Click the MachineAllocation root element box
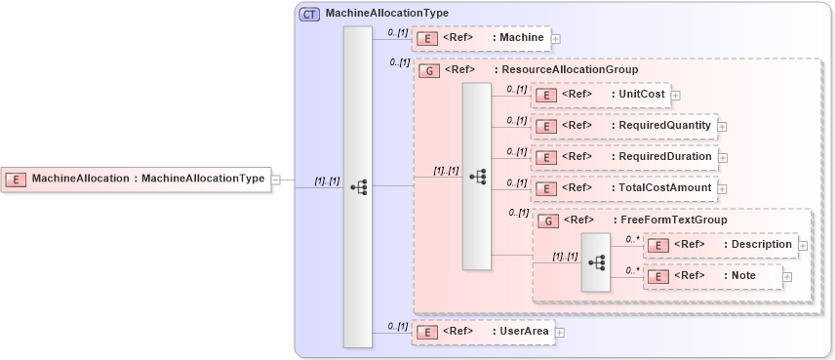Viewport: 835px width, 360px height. coord(137,179)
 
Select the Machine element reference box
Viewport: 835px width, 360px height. coord(482,38)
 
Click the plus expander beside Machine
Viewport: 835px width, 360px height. coord(556,39)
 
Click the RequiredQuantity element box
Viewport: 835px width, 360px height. coord(623,126)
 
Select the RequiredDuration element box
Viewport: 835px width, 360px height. coord(623,157)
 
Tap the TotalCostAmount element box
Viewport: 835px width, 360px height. coord(623,188)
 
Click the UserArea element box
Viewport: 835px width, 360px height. coord(482,332)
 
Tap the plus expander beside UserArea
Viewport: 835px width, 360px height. coord(560,333)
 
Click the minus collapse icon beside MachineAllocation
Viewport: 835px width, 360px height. coord(276,180)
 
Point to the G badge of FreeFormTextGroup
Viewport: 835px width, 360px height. coord(549,220)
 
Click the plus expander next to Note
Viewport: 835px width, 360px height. coord(787,277)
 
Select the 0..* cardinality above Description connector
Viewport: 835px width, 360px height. coord(631,237)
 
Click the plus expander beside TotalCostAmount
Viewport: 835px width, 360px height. coord(723,189)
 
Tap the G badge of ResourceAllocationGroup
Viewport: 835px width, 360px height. coord(426,70)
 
